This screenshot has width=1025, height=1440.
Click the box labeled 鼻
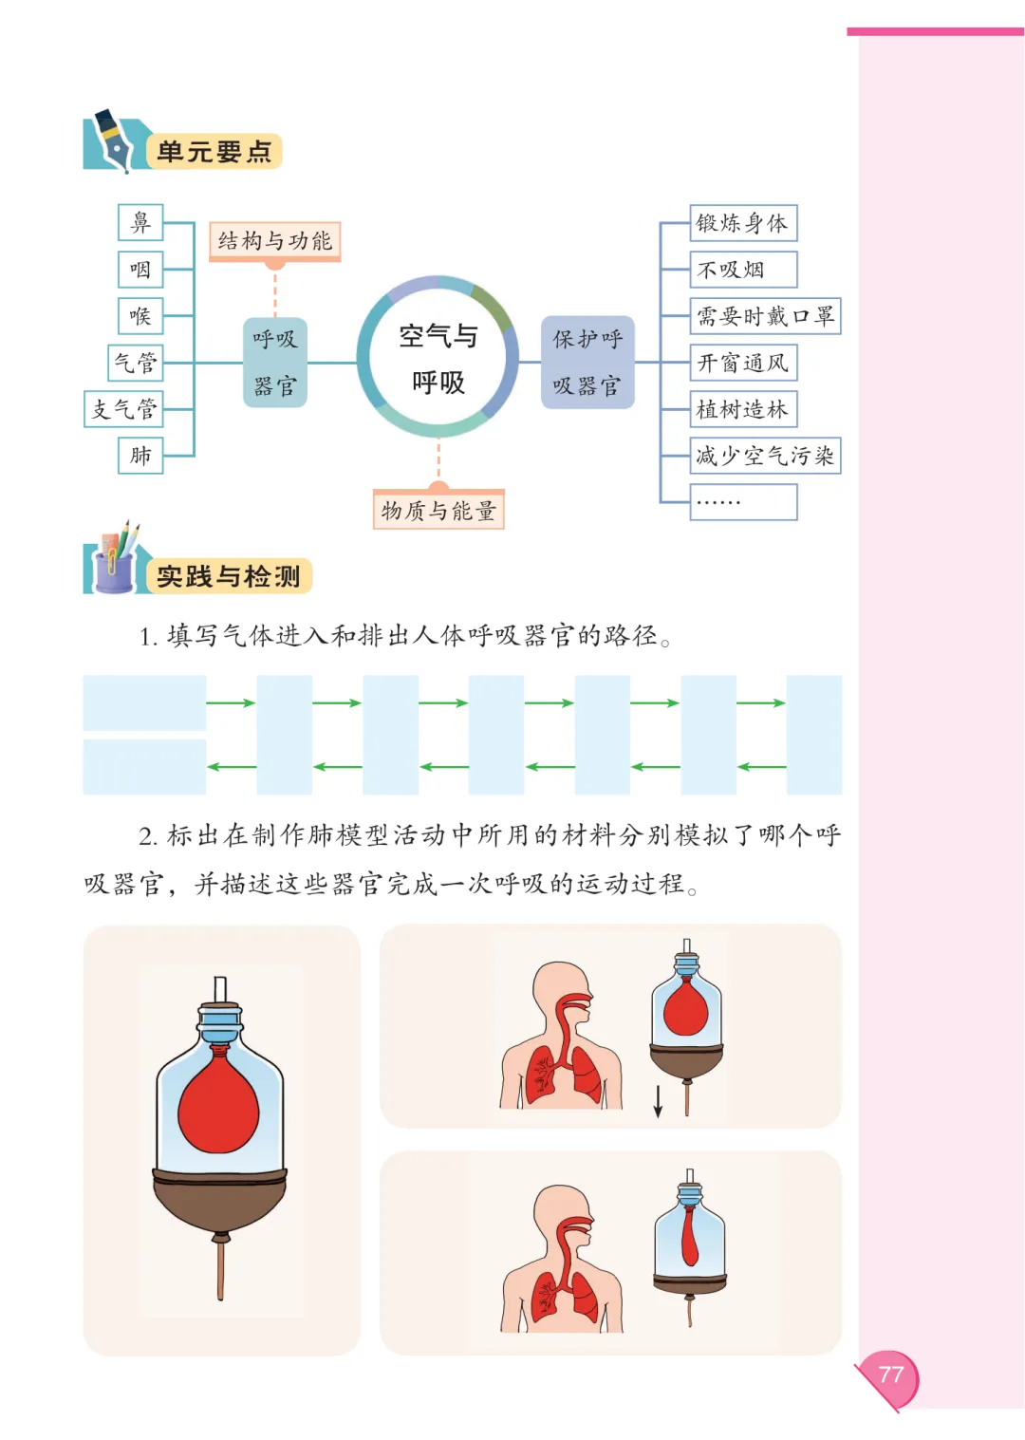140,222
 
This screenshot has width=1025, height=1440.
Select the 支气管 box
123,409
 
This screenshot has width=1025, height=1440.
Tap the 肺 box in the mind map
140,456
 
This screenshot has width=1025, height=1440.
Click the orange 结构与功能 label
275,241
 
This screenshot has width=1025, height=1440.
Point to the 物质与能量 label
438,510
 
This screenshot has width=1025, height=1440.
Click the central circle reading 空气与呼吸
438,358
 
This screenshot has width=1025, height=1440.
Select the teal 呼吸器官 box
275,363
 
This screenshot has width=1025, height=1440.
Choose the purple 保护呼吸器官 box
588,362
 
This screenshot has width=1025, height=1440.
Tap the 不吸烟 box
743,270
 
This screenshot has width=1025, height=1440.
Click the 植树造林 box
743,409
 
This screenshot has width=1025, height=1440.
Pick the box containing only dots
743,502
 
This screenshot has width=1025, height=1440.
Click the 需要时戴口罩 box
765,316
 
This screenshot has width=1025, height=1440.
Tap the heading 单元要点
214,152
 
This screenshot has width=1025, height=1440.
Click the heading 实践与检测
228,576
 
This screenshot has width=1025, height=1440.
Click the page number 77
890,1375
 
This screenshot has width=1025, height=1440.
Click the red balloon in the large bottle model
218,1102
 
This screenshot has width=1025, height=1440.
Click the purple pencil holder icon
113,570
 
